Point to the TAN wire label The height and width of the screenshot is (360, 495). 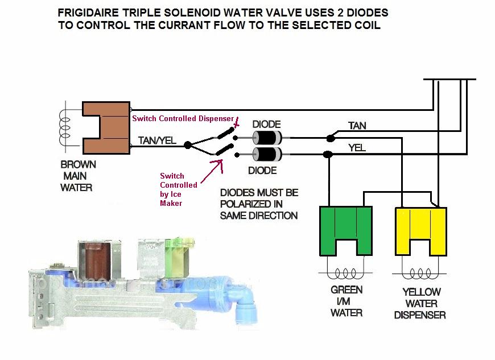click(357, 126)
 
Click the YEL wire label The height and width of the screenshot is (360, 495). click(357, 147)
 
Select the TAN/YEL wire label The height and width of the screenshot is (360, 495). click(156, 139)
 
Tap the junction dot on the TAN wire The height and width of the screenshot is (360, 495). click(329, 138)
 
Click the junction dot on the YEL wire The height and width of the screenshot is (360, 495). click(328, 154)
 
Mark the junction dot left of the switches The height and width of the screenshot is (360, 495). click(188, 145)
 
